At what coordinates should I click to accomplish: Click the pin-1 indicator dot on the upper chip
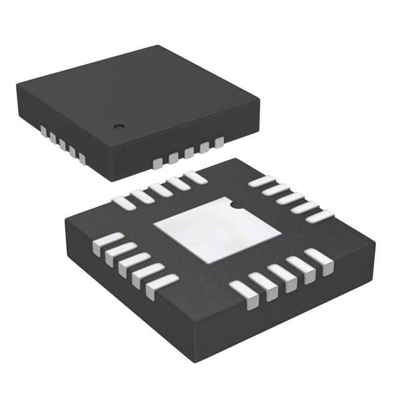coord(117,127)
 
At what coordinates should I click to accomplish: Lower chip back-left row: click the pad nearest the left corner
coord(122,201)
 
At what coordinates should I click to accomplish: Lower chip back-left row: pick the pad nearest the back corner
coord(195,177)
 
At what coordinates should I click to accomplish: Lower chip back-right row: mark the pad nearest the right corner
coord(320,216)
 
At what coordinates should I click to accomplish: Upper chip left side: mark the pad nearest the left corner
coord(44,131)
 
